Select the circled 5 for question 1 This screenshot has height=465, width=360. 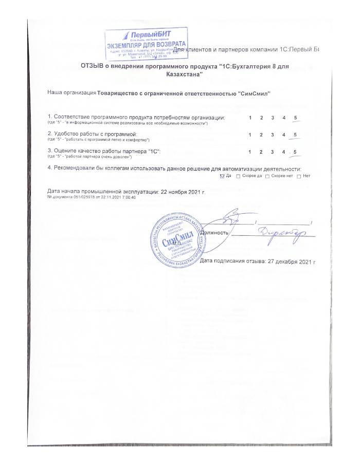[x=295, y=118]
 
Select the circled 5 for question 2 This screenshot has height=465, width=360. [x=295, y=135]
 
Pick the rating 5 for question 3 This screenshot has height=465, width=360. [x=295, y=152]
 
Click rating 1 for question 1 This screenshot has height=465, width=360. [x=250, y=118]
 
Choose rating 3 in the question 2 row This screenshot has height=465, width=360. [x=273, y=135]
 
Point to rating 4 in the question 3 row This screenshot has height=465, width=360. [x=283, y=152]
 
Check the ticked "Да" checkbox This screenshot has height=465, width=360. [x=222, y=176]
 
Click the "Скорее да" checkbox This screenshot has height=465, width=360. [x=238, y=176]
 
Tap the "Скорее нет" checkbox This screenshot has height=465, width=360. [x=267, y=176]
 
